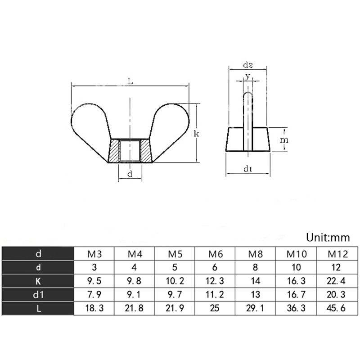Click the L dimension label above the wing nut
pyautogui.click(x=130, y=81)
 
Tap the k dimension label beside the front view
pyautogui.click(x=196, y=133)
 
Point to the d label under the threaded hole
pyautogui.click(x=130, y=174)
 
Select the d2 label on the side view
pyautogui.click(x=248, y=65)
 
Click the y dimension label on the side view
pyautogui.click(x=247, y=76)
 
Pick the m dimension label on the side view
pyautogui.click(x=284, y=139)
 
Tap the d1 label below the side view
pyautogui.click(x=248, y=169)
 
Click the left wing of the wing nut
pyautogui.click(x=91, y=124)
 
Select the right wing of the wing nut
pyautogui.click(x=170, y=124)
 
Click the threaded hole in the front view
pyautogui.click(x=130, y=151)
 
